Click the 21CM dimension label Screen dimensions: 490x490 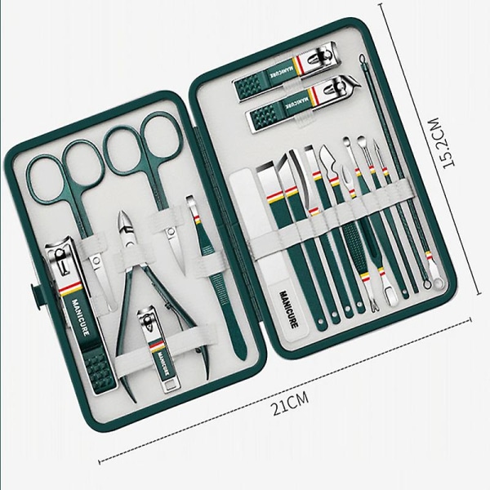click(x=291, y=403)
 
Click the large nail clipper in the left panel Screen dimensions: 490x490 click(x=78, y=313)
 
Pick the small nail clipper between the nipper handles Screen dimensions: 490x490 click(x=157, y=346)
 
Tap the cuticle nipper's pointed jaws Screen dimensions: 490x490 click(x=124, y=225)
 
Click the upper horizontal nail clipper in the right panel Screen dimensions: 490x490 click(x=285, y=71)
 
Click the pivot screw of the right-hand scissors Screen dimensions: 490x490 click(x=171, y=232)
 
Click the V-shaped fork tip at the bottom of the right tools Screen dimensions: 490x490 click(x=374, y=306)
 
